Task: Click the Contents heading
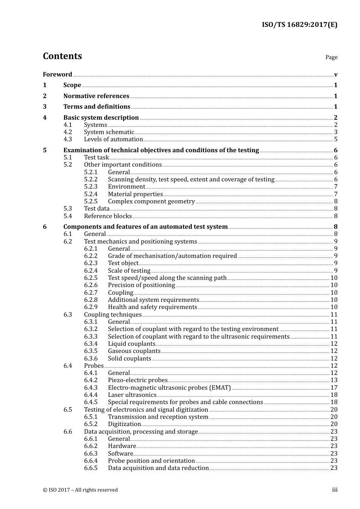pyautogui.click(x=62, y=56)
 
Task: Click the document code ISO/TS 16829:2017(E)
pyautogui.click(x=299, y=25)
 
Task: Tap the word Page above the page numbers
pyautogui.click(x=331, y=57)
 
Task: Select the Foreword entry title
pyautogui.click(x=57, y=74)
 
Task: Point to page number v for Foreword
pyautogui.click(x=336, y=75)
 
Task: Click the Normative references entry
pyautogui.click(x=96, y=96)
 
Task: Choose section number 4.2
pyautogui.click(x=67, y=132)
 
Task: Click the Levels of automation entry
pyautogui.click(x=113, y=139)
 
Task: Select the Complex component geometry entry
pyautogui.click(x=151, y=201)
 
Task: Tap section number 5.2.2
pyautogui.click(x=91, y=180)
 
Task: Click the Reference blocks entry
pyautogui.click(x=108, y=216)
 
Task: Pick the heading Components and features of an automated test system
pyautogui.click(x=146, y=227)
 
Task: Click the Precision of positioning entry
pyautogui.click(x=141, y=285)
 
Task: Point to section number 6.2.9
pyautogui.click(x=91, y=307)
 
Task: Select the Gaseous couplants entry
pyautogui.click(x=134, y=351)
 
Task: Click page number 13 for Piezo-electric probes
pyautogui.click(x=334, y=380)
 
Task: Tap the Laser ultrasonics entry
pyautogui.click(x=132, y=395)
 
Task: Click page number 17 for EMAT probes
pyautogui.click(x=334, y=388)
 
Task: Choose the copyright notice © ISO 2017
pyautogui.click(x=80, y=490)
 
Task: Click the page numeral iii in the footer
pyautogui.click(x=335, y=490)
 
